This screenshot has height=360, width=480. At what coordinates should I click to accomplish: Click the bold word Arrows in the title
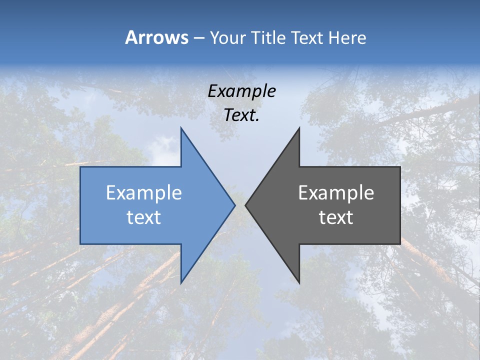[156, 37]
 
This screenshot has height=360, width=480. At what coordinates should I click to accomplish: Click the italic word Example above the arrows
[241, 91]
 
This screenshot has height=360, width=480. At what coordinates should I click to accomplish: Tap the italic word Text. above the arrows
[241, 115]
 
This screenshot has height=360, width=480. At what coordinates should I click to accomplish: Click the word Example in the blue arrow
[143, 193]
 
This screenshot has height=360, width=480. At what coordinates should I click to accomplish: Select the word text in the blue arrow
[143, 217]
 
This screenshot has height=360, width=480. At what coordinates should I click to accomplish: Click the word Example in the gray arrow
[336, 193]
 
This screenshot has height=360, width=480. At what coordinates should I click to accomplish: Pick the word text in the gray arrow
[336, 217]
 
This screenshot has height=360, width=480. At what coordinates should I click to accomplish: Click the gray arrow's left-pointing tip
[246, 205]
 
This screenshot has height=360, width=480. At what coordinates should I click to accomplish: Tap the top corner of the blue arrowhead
[181, 128]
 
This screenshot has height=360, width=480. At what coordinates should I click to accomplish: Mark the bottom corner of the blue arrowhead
[181, 282]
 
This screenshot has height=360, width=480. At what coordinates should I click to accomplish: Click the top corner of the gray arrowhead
[299, 128]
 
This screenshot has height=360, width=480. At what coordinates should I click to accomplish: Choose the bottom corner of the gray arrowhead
[299, 282]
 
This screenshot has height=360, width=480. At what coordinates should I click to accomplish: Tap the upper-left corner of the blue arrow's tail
[81, 167]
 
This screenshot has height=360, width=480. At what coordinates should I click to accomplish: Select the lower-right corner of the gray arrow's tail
[399, 243]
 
